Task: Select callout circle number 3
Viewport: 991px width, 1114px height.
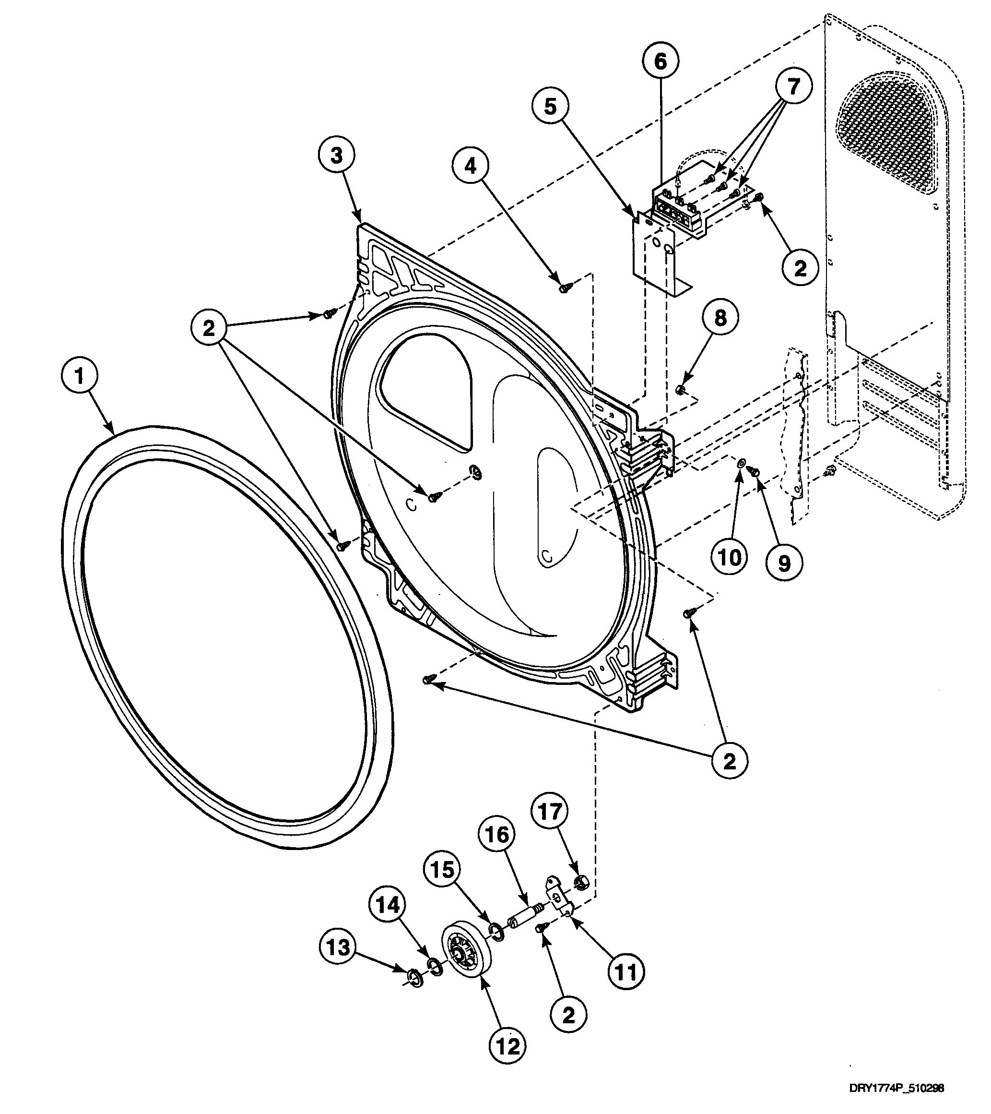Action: point(337,156)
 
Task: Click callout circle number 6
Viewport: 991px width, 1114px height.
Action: point(661,61)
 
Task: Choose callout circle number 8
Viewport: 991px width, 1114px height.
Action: point(720,318)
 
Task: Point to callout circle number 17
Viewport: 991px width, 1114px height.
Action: point(550,812)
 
